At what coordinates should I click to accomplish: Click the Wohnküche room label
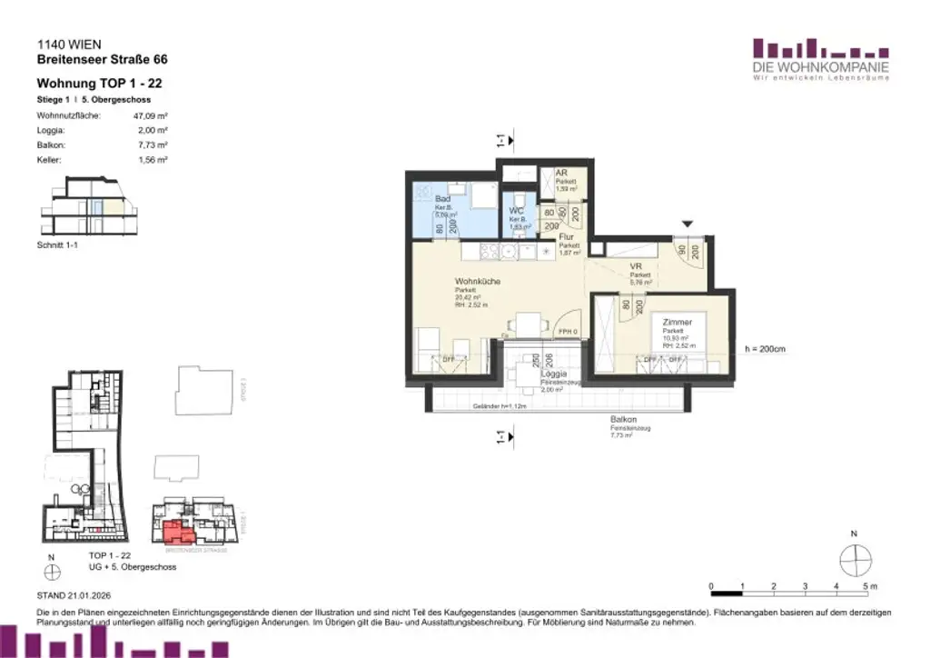477,282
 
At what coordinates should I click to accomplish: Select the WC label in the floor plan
515,211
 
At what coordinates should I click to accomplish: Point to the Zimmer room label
678,323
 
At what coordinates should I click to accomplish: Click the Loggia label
554,374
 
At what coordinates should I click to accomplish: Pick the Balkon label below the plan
623,420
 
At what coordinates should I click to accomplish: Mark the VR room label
637,267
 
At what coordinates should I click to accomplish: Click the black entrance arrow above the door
688,224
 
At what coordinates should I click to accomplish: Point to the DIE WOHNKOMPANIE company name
821,67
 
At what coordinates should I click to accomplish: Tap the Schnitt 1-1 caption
57,244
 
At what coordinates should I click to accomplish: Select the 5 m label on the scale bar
869,587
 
